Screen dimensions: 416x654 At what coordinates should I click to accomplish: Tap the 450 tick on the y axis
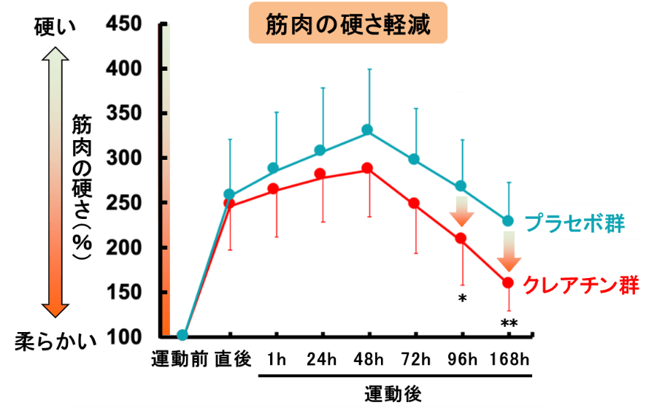[x=127, y=23]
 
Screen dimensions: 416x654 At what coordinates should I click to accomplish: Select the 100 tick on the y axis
[x=127, y=336]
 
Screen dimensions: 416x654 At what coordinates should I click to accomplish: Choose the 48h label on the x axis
[x=368, y=360]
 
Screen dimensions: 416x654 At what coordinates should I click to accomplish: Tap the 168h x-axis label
[x=509, y=360]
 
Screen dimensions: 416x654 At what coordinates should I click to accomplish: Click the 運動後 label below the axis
[x=393, y=394]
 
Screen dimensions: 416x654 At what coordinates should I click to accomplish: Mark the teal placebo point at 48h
[x=368, y=130]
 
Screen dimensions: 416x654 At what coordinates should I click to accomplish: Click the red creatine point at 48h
[x=368, y=169]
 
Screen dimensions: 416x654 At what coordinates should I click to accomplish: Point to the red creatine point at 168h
[x=508, y=282]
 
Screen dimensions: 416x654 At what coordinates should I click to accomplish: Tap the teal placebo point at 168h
[x=508, y=220]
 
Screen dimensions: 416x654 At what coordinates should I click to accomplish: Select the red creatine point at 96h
[x=461, y=238]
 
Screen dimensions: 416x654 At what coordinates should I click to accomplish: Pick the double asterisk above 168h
[x=508, y=324]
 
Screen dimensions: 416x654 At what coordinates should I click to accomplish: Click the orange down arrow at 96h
[x=461, y=211]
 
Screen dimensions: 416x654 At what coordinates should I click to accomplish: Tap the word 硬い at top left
[x=53, y=27]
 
